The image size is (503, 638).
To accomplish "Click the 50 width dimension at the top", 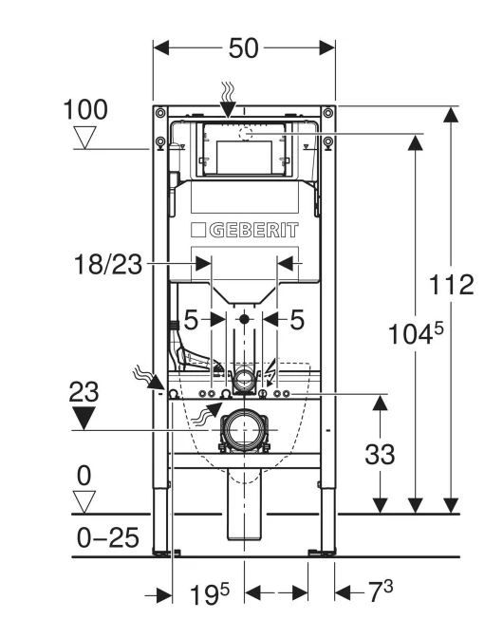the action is coord(243,48).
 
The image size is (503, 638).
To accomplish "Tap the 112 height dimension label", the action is coord(452,285).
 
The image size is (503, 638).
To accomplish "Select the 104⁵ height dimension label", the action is coord(416,333).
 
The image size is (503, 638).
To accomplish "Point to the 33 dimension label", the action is coord(380,454).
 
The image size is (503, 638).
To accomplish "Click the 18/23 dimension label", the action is coord(108,265).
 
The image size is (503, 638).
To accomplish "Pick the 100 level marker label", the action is coord(85,109).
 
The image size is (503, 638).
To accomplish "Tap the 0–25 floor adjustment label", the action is coord(108,537).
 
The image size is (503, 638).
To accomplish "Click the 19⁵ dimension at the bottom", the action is coord(210,594).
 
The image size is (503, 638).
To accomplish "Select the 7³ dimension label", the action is coord(381,592).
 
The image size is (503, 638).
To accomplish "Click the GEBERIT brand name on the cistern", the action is coord(253,231).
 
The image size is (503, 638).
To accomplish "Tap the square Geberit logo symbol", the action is coord(198,230).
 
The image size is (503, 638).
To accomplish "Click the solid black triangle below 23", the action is coord(84,418).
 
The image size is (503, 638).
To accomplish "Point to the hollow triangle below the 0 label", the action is coord(84,502).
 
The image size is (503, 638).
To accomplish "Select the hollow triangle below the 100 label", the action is coord(85,138).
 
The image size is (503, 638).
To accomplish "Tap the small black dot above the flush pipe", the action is coord(244,319).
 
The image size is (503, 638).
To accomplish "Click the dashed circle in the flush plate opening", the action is coord(246,133).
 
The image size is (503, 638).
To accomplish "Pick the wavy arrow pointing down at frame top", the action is coord(228,100).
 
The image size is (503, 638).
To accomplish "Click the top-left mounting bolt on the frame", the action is coord(160,113).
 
